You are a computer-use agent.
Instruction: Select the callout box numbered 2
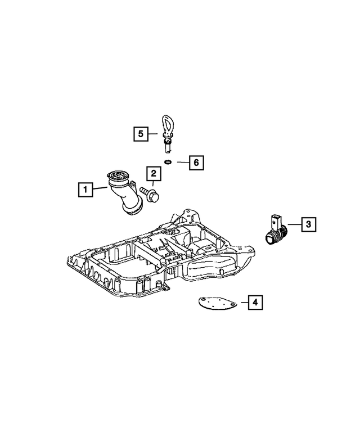152,174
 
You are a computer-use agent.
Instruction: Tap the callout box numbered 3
308,224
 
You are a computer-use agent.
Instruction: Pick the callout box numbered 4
255,303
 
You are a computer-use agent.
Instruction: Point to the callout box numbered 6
195,163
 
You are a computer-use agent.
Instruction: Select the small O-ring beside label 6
168,163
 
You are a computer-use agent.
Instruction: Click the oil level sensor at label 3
276,231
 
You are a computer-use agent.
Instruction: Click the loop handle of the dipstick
167,124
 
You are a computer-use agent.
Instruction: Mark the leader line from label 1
100,188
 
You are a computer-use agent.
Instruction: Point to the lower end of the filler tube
133,210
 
